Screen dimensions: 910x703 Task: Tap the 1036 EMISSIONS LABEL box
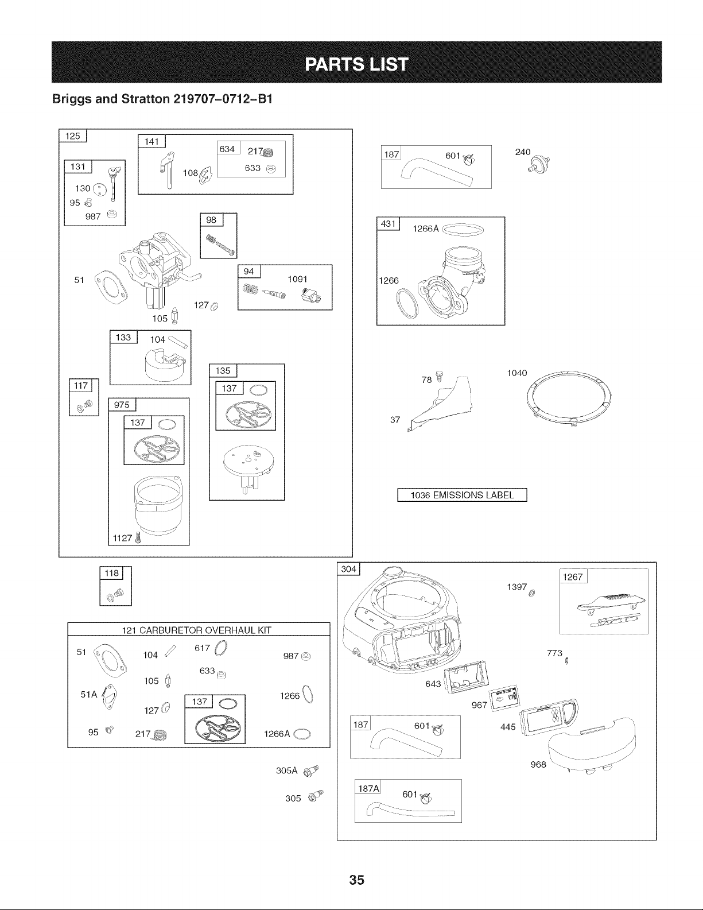point(462,495)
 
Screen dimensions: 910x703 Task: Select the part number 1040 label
point(516,373)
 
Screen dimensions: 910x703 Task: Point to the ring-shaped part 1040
point(569,397)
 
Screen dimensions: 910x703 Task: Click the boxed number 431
point(388,224)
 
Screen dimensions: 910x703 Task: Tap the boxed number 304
point(349,569)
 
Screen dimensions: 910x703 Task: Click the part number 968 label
point(538,765)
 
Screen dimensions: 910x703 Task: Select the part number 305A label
point(285,770)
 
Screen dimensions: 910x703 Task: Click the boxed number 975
point(121,405)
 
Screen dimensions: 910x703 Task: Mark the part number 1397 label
point(516,587)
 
